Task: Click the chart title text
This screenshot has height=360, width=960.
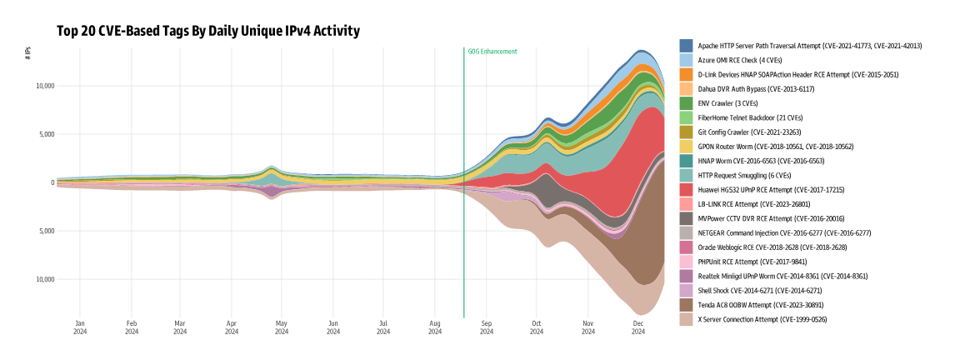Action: click(x=208, y=32)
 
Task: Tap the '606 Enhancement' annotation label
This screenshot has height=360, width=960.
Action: click(x=492, y=52)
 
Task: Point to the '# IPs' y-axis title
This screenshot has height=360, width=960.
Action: click(x=28, y=52)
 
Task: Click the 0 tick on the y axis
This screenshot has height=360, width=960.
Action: click(x=52, y=182)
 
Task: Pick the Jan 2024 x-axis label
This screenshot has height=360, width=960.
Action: click(x=80, y=327)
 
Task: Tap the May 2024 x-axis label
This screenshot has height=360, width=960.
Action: click(x=282, y=327)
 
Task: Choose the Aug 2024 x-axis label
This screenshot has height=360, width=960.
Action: click(x=434, y=327)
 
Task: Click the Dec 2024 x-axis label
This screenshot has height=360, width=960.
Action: click(x=638, y=327)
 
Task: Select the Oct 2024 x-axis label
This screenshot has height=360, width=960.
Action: click(x=537, y=327)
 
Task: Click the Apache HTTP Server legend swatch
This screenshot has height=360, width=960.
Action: click(x=687, y=46)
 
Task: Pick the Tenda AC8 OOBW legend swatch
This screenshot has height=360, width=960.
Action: click(x=687, y=305)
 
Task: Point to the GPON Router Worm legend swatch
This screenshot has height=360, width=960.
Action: click(x=687, y=147)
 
